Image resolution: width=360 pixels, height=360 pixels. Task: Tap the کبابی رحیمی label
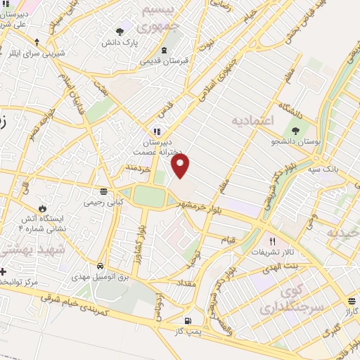click(103, 202)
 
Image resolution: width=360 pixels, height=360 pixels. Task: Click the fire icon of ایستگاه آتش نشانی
click(43, 209)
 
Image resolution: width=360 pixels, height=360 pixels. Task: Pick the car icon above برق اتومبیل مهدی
click(101, 267)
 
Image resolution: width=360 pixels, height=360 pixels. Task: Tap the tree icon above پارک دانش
click(120, 31)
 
